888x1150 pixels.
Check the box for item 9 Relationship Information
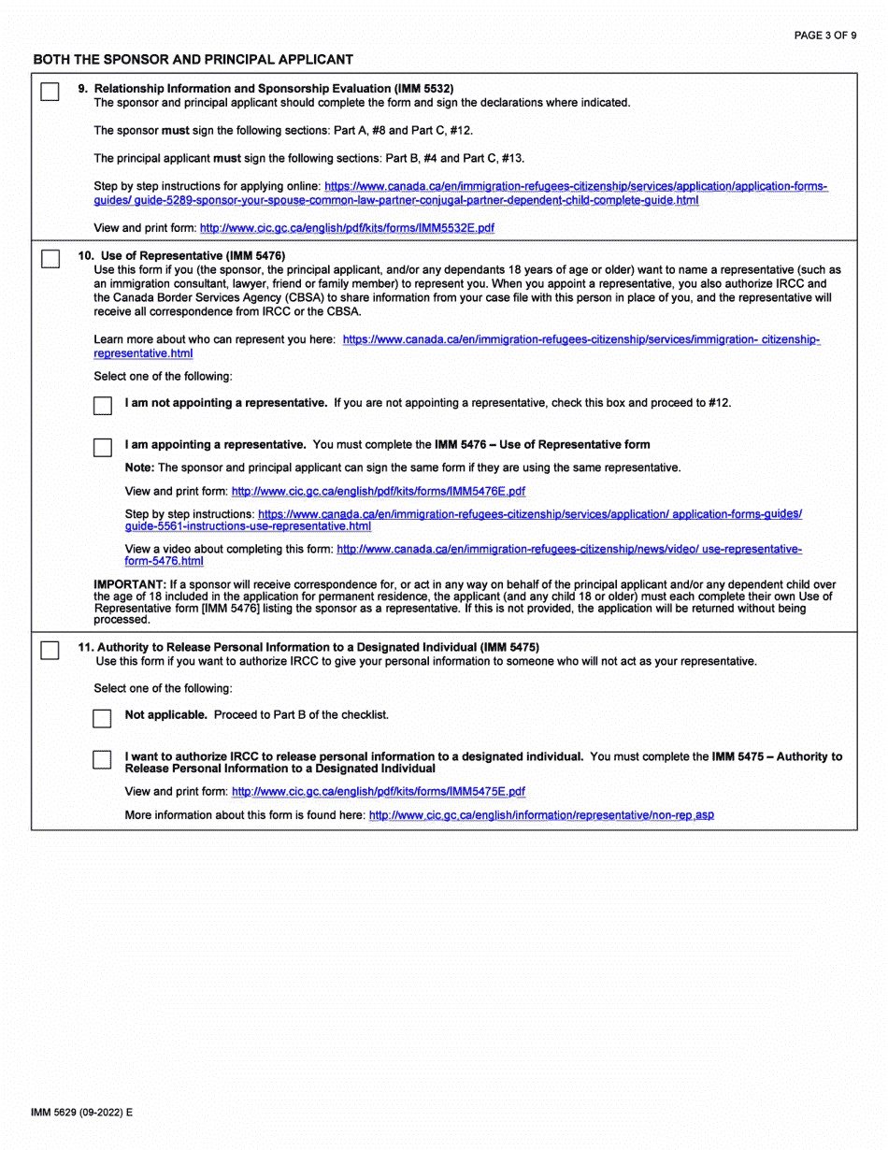(x=50, y=93)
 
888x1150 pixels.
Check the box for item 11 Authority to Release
(x=50, y=651)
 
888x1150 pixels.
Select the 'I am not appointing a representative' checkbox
(x=103, y=406)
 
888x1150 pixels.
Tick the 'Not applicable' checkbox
(x=103, y=718)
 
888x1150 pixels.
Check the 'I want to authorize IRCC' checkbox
(x=103, y=759)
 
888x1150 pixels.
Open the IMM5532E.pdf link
(x=347, y=227)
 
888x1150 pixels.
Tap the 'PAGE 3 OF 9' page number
(x=824, y=36)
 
